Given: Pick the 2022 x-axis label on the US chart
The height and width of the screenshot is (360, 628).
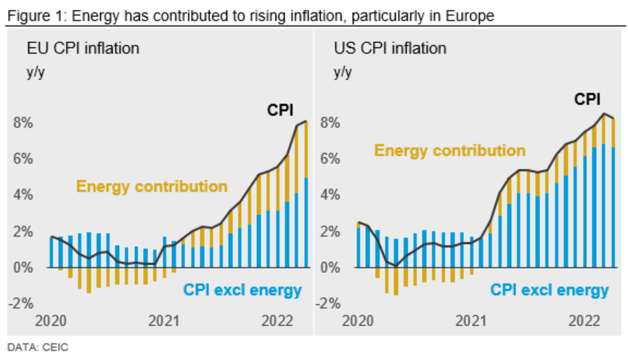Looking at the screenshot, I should (x=584, y=320).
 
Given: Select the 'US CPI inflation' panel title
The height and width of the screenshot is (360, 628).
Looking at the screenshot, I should (x=390, y=49).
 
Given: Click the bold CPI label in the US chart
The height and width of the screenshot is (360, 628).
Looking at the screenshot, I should (x=588, y=99).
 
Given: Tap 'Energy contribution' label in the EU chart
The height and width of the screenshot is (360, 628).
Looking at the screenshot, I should (x=152, y=187).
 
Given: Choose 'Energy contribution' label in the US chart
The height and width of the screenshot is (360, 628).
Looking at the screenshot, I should (x=450, y=150).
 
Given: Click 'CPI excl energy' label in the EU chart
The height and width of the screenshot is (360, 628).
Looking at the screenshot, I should (x=241, y=290).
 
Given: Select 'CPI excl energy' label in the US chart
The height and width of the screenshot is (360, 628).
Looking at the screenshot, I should (x=549, y=290).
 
